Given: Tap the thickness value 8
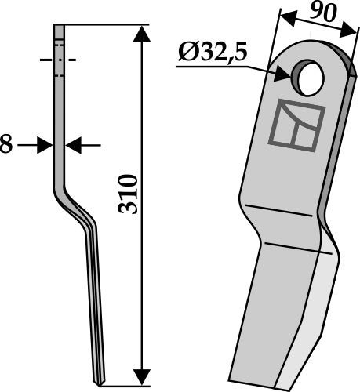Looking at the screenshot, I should coord(6,145).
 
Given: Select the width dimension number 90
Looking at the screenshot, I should coord(319,13).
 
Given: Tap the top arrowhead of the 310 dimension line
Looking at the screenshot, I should coord(142,31).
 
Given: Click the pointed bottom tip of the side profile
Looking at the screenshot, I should coord(96,383).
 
